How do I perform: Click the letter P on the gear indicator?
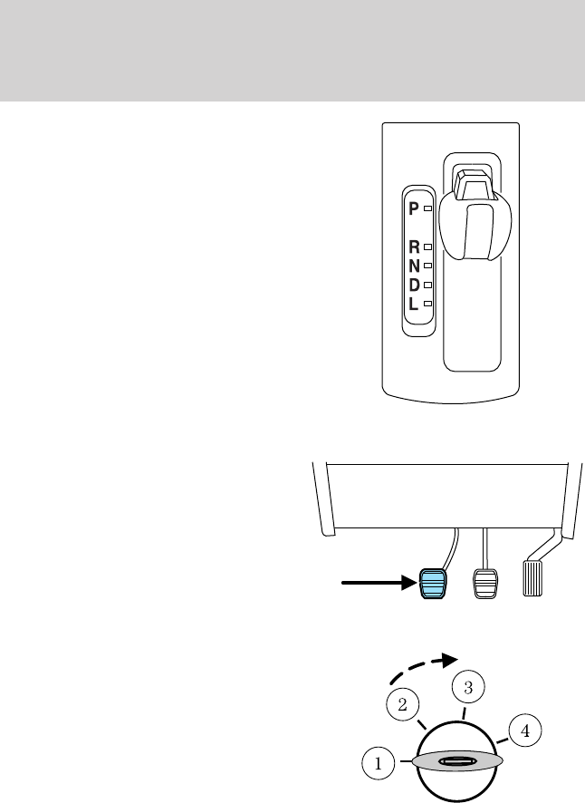[x=413, y=208]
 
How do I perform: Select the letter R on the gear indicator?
[x=414, y=247]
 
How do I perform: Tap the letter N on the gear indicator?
[x=414, y=266]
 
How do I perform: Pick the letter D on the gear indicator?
[x=414, y=285]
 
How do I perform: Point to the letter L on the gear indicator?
[x=414, y=305]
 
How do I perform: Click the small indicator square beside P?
[x=427, y=208]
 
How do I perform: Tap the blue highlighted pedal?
[x=433, y=585]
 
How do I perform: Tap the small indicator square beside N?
[x=427, y=266]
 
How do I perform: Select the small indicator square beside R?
[x=427, y=247]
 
